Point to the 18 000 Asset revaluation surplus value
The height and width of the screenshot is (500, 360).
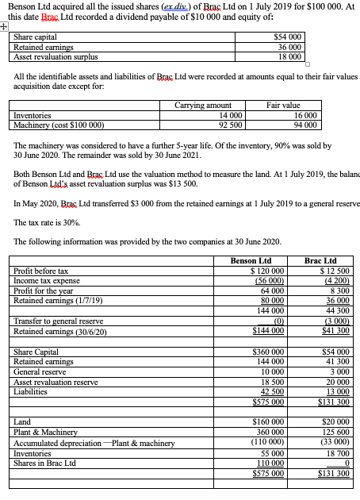click(x=288, y=56)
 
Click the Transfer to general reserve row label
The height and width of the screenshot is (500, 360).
click(x=53, y=321)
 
